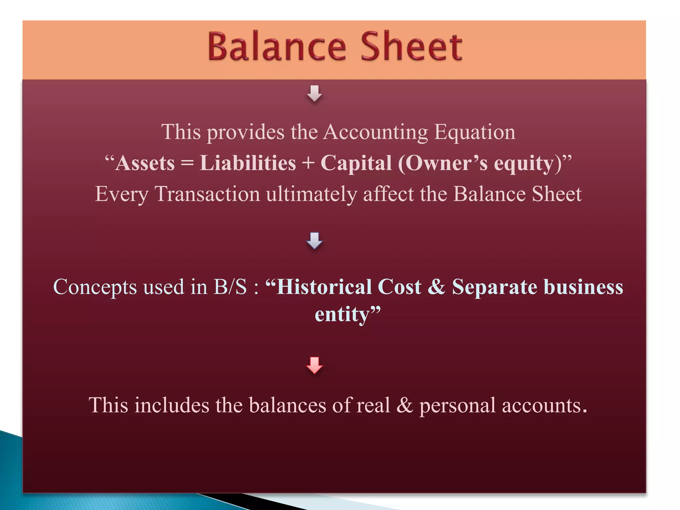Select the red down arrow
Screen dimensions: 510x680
pyautogui.click(x=314, y=365)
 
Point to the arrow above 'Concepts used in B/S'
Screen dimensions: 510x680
pyautogui.click(x=314, y=240)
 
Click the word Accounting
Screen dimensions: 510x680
pyautogui.click(x=376, y=132)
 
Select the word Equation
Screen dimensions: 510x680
pyautogui.click(x=475, y=132)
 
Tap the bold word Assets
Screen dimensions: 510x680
pyautogui.click(x=145, y=163)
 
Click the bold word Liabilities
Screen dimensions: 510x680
pyautogui.click(x=248, y=163)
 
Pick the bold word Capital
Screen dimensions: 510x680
pyautogui.click(x=356, y=163)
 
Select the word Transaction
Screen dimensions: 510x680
pyautogui.click(x=207, y=194)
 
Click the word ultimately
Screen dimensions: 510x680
pyautogui.click(x=311, y=194)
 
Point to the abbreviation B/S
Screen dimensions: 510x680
pyautogui.click(x=230, y=287)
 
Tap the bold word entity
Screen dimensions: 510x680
pyautogui.click(x=342, y=314)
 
